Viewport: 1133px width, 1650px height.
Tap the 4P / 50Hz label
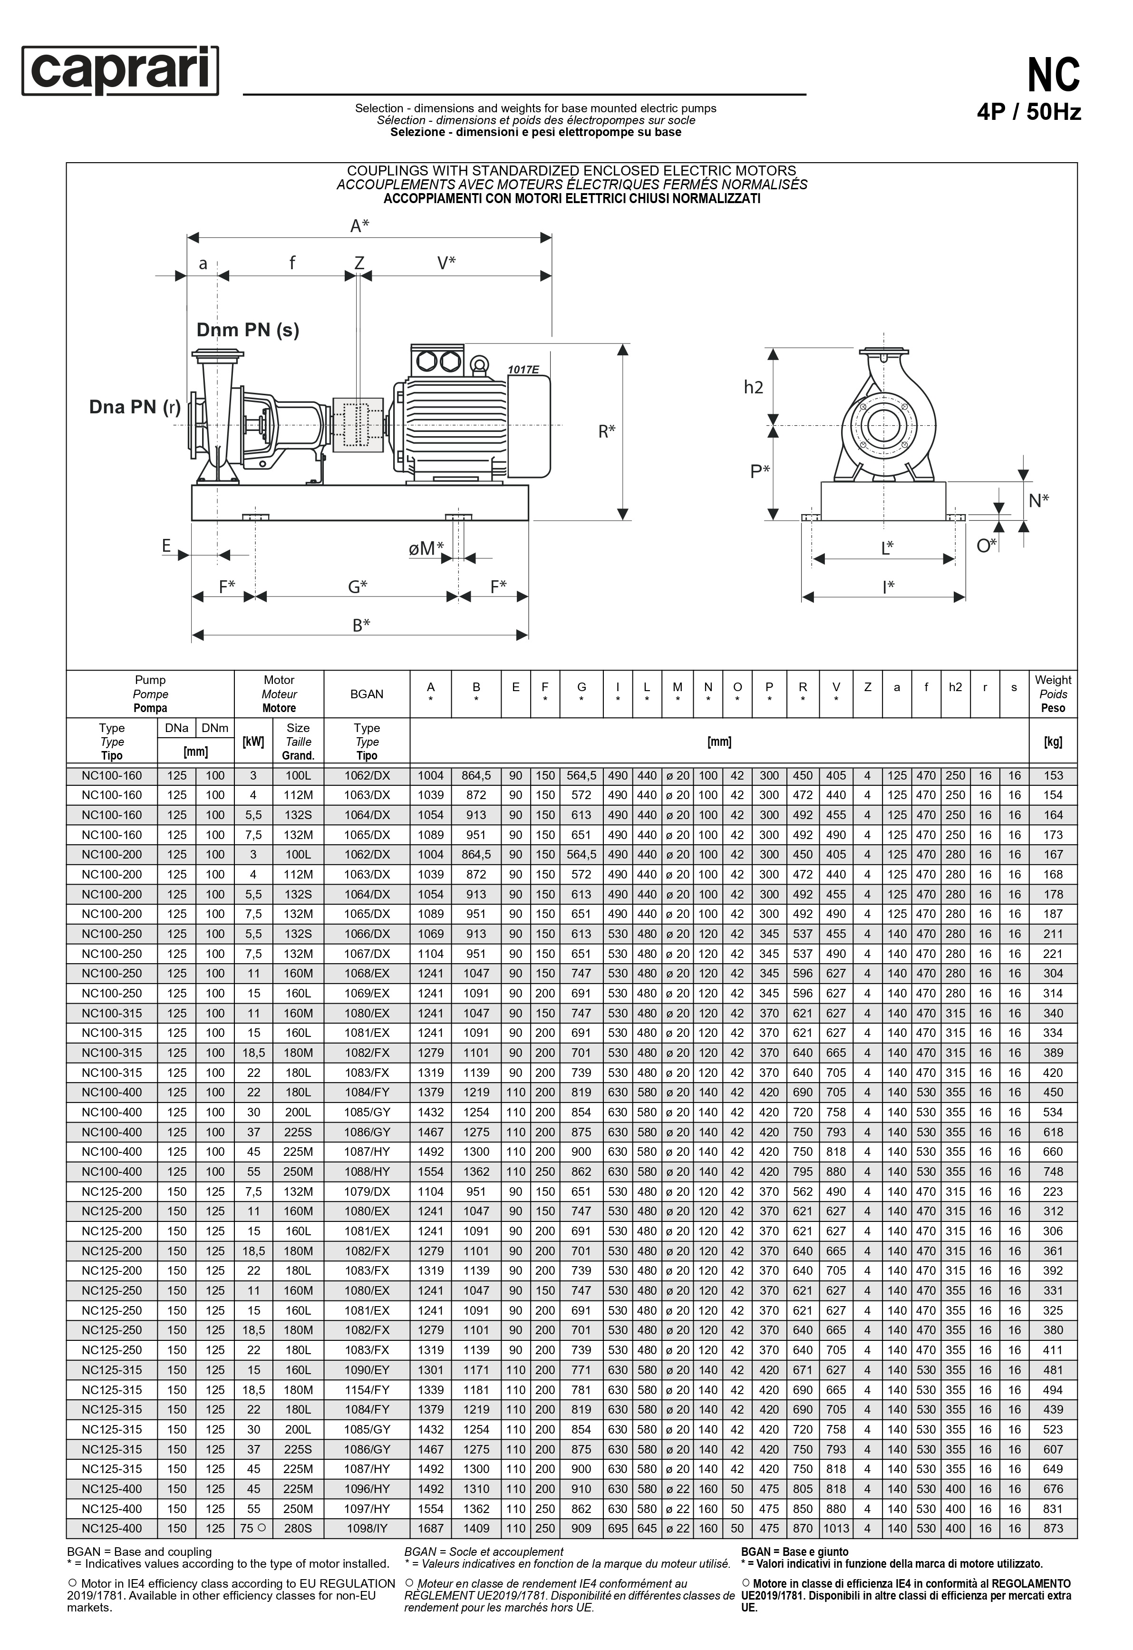[1029, 113]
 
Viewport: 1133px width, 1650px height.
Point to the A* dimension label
[360, 226]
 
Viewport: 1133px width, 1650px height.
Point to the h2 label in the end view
[753, 387]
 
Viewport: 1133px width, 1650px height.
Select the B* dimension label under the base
[361, 625]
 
